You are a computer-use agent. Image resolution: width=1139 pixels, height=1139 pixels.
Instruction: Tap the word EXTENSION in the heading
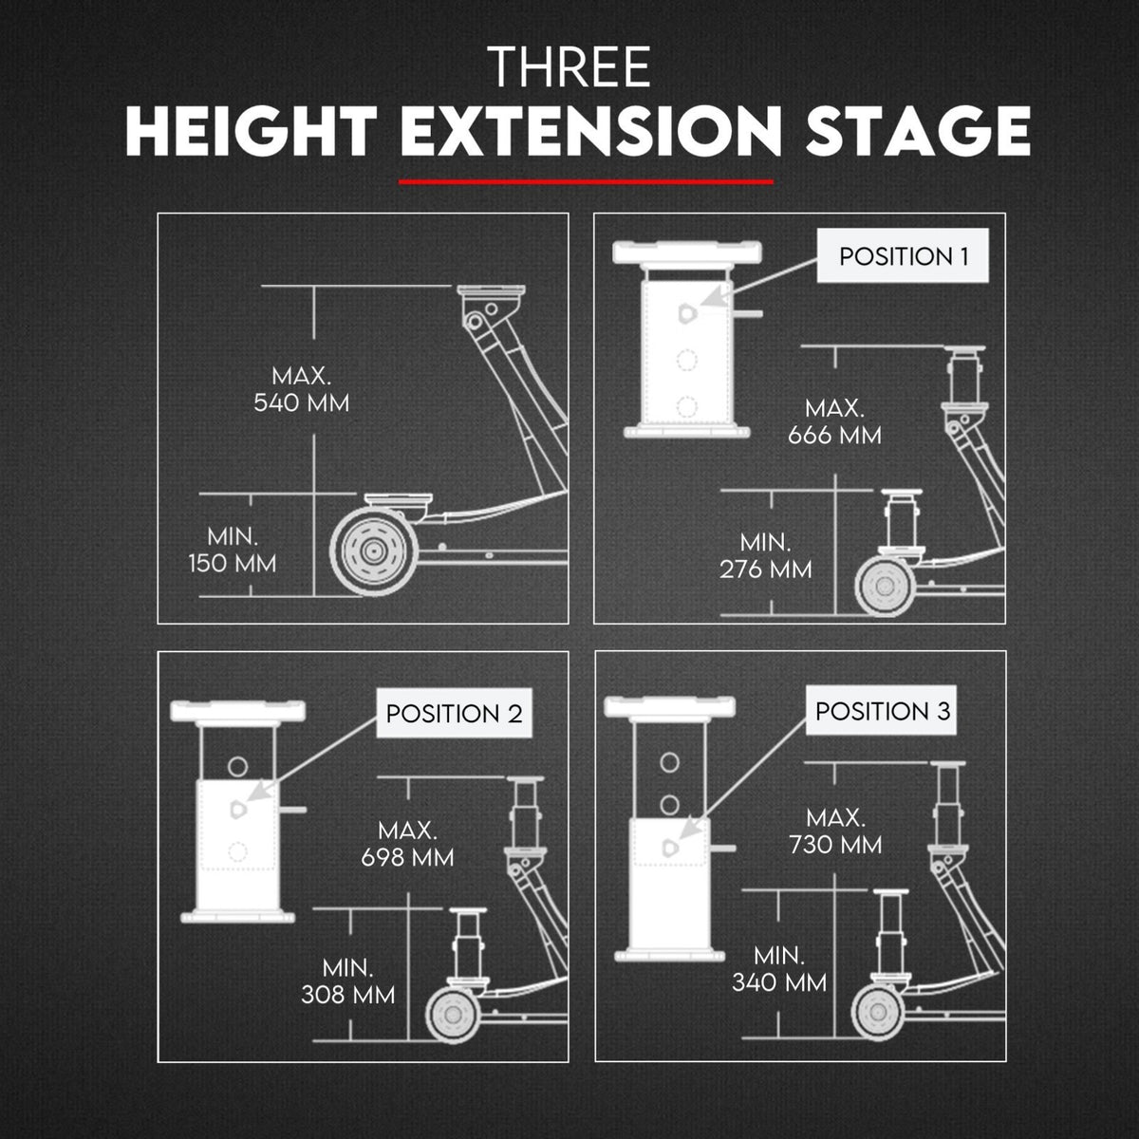click(590, 131)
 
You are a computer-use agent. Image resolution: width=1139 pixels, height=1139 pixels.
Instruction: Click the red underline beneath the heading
click(586, 182)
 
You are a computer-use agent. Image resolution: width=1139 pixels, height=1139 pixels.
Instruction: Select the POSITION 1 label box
click(903, 256)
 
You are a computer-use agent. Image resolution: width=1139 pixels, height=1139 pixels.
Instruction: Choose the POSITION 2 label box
click(454, 714)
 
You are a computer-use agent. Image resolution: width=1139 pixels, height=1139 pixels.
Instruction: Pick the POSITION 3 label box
click(881, 711)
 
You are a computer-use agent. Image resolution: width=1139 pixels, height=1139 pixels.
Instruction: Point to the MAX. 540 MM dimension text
click(302, 389)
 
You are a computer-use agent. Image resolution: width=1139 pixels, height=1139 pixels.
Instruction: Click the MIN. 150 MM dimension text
click(233, 551)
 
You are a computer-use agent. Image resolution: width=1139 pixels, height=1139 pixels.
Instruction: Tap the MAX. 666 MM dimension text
click(834, 421)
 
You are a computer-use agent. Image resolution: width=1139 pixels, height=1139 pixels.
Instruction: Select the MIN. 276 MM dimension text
click(765, 555)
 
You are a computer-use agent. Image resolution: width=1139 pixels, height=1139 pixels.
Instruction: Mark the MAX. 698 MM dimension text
click(407, 844)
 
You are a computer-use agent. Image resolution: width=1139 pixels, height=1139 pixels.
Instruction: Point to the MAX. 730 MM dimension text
click(835, 831)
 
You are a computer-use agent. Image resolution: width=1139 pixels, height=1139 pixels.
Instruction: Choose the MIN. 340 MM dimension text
click(779, 969)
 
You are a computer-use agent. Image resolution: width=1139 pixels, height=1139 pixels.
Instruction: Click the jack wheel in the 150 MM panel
click(374, 551)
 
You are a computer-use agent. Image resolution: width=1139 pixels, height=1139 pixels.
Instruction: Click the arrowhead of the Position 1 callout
click(710, 296)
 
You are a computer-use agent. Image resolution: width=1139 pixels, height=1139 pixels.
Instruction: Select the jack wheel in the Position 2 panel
click(454, 1015)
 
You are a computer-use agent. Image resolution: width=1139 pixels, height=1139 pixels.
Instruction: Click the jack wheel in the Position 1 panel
click(885, 586)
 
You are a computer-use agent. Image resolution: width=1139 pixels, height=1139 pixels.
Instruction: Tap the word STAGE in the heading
click(918, 131)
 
